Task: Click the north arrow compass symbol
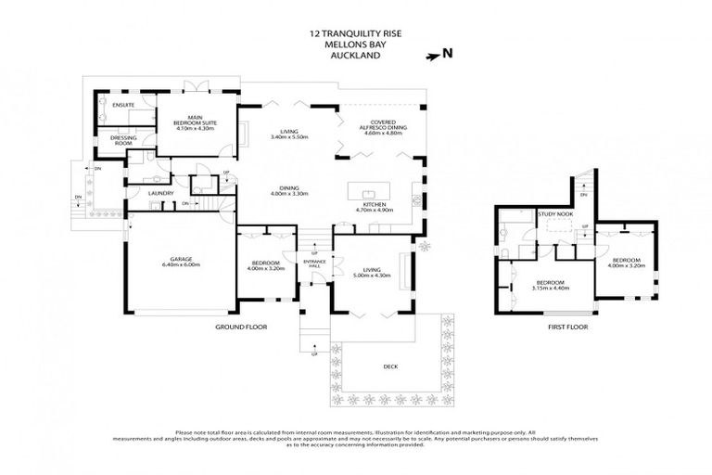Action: click(x=433, y=56)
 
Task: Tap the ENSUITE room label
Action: click(x=123, y=105)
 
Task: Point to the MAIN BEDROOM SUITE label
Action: click(x=195, y=121)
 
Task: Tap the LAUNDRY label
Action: click(x=160, y=193)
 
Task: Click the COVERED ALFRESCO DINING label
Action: click(x=380, y=125)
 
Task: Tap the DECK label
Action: click(x=390, y=366)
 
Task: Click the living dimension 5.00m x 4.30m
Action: click(x=371, y=276)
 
